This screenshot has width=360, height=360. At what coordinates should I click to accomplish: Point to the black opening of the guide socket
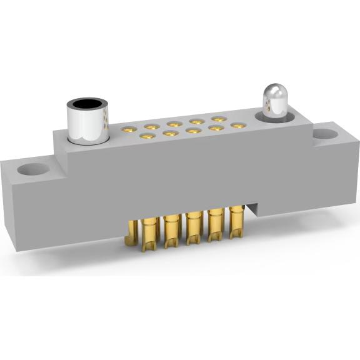pyautogui.click(x=87, y=103)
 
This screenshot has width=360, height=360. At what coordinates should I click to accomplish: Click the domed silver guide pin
pyautogui.click(x=272, y=100)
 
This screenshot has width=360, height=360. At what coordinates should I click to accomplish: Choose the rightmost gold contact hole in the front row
pyautogui.click(x=236, y=126)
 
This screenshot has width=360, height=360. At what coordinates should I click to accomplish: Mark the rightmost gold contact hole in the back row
pyautogui.click(x=218, y=119)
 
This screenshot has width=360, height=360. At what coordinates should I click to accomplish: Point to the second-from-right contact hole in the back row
pyautogui.click(x=196, y=121)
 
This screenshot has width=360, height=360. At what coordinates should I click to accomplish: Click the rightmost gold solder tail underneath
pyautogui.click(x=236, y=224)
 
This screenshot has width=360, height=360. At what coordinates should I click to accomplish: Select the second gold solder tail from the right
pyautogui.click(x=215, y=227)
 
